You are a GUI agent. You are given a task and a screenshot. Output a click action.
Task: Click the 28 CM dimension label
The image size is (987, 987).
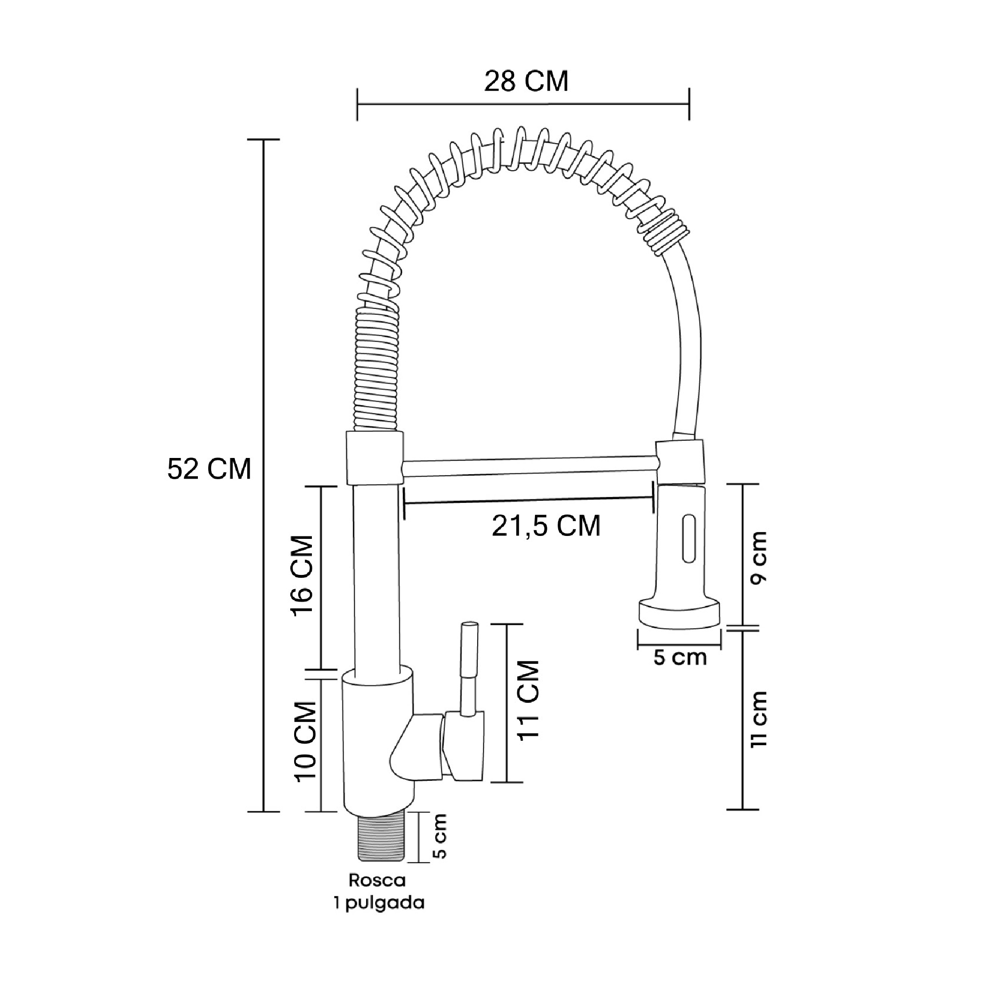coord(526,82)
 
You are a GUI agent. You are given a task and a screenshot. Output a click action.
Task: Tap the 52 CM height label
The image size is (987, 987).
coord(209,468)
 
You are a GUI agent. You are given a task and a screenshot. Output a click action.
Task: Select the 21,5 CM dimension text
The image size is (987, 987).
coord(546,526)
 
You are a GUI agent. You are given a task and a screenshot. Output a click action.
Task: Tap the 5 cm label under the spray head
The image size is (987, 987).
coord(680,657)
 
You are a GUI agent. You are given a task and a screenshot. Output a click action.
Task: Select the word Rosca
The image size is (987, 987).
coord(377,880)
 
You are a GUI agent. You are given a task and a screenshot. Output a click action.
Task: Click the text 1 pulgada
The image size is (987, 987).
coord(379,903)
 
